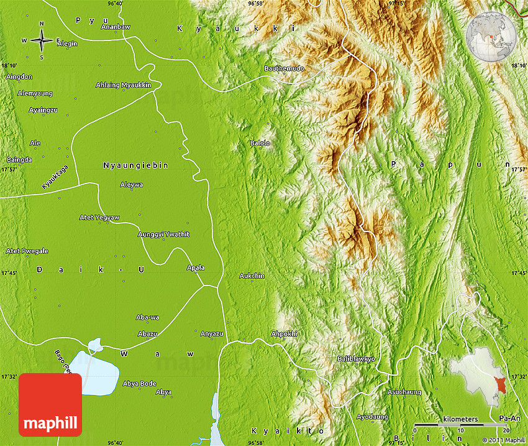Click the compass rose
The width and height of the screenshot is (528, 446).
(x=42, y=41)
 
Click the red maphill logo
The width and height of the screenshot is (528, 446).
(x=50, y=404)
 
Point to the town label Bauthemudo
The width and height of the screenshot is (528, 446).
(x=284, y=68)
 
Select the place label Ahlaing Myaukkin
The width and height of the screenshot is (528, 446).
(x=123, y=85)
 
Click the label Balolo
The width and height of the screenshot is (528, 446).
(x=260, y=143)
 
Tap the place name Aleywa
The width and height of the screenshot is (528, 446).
(x=131, y=185)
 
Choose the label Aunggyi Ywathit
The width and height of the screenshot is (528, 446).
(x=163, y=234)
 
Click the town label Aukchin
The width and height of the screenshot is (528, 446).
(x=252, y=276)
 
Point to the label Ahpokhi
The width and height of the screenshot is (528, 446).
(x=284, y=334)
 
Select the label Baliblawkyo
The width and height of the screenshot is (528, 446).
(x=356, y=359)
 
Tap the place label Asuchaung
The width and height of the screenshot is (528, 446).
(x=404, y=392)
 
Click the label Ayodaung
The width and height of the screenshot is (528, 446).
(x=372, y=416)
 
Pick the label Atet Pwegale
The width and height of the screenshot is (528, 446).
(x=27, y=251)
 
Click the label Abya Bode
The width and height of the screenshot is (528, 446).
(x=139, y=383)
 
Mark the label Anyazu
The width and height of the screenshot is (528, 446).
(x=212, y=333)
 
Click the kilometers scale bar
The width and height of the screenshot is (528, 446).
(x=460, y=424)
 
